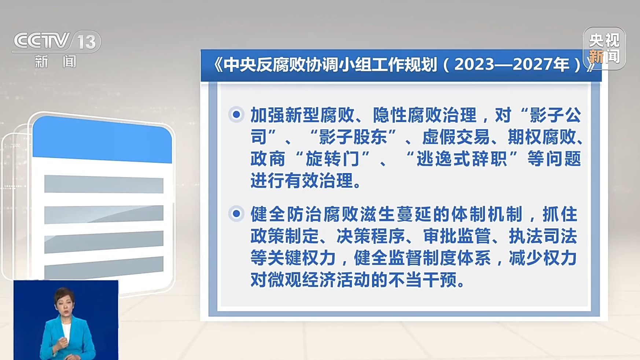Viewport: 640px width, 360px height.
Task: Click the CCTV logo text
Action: click(41, 41)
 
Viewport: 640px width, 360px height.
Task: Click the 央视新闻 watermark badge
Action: click(604, 48)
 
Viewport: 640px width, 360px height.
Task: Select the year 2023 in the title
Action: click(474, 65)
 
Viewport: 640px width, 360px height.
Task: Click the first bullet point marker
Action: click(236, 114)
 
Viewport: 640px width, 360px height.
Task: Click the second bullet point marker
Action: click(236, 213)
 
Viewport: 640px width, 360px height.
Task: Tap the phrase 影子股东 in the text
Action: click(353, 137)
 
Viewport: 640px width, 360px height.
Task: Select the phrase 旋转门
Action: click(332, 159)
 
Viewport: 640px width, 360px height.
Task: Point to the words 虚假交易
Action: click(456, 137)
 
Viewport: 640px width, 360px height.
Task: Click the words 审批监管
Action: click(457, 236)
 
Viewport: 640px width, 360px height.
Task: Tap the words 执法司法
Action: click(543, 236)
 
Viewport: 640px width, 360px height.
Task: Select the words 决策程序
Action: click(371, 236)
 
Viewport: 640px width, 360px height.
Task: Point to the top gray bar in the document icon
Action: click(104, 184)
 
